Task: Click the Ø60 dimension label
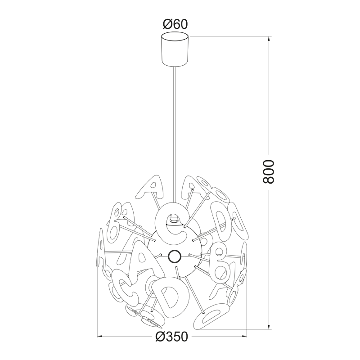coord(175,24)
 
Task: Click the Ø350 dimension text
coord(172,337)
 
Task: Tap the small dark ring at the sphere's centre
coord(174,256)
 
